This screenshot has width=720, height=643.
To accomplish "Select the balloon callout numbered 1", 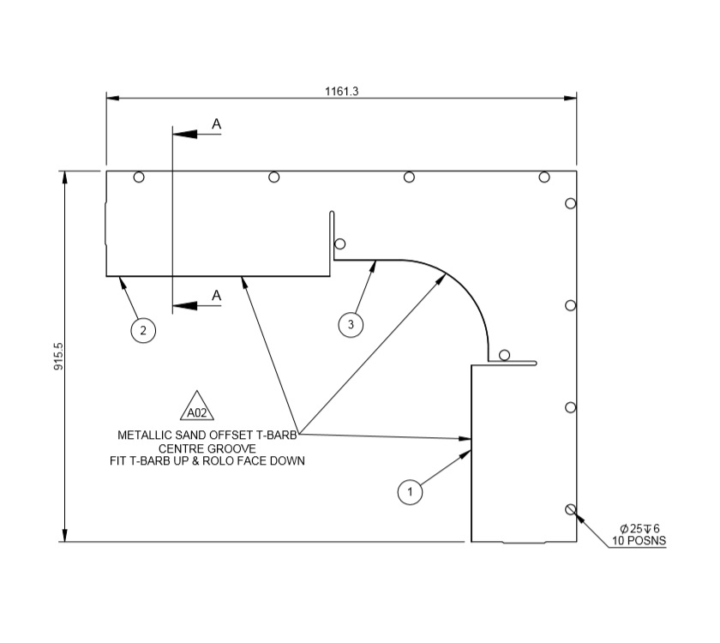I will (x=411, y=492).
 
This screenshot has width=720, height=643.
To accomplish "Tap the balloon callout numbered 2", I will (x=143, y=329).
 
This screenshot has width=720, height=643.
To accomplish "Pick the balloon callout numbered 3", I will (x=350, y=324).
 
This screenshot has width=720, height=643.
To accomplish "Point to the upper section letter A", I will (x=217, y=125).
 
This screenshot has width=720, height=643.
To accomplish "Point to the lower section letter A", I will (x=217, y=296).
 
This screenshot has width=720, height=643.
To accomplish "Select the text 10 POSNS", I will (x=639, y=541).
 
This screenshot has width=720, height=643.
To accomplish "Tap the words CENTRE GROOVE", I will (x=207, y=448).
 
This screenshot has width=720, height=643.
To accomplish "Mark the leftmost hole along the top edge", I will (x=139, y=177).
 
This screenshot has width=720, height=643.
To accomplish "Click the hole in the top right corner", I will (x=544, y=177).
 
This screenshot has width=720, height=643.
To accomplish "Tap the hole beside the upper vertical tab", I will (x=340, y=243).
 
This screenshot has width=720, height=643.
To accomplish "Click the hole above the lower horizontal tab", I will (x=504, y=355).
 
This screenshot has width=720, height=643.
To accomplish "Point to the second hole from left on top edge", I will (x=274, y=177).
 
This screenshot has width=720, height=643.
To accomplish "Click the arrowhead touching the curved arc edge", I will (x=444, y=277).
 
